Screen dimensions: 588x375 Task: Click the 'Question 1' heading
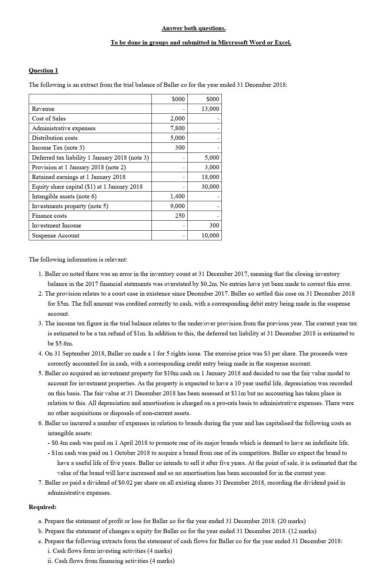point(43,70)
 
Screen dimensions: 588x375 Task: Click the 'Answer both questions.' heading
point(193,28)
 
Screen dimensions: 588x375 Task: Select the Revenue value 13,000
point(210,109)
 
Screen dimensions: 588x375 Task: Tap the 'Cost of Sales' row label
point(49,118)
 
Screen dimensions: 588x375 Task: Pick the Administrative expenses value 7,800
point(177,128)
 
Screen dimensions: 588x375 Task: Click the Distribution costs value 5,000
point(177,138)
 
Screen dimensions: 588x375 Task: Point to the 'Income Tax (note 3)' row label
point(58,147)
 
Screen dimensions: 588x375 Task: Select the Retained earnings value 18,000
point(210,177)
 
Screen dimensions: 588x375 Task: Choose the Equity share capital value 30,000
point(210,187)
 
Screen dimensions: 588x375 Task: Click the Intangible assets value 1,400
point(177,196)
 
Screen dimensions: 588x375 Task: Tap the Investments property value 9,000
point(177,206)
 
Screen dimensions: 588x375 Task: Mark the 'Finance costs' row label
point(49,216)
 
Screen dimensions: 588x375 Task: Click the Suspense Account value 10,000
point(210,235)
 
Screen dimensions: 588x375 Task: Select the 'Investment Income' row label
point(56,225)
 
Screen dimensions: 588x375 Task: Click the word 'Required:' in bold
point(43,507)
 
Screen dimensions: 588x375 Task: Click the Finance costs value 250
point(180,216)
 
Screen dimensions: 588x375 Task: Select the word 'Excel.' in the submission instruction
point(283,42)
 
